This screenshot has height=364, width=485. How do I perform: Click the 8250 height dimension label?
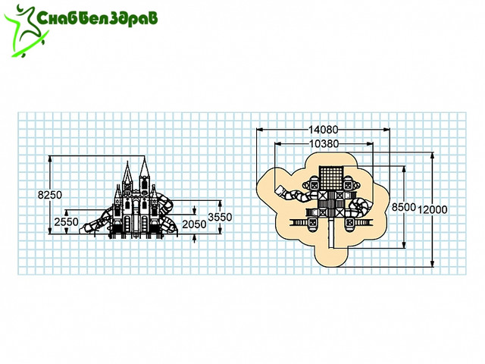pyautogui.click(x=50, y=195)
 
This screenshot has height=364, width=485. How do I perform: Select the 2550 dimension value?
pyautogui.click(x=66, y=222)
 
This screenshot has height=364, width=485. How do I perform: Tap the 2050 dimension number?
pyautogui.click(x=194, y=224)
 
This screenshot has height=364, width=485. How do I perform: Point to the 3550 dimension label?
pyautogui.click(x=220, y=217)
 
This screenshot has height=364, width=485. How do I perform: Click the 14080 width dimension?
pyautogui.click(x=324, y=130)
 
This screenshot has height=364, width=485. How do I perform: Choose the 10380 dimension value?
pyautogui.click(x=324, y=144)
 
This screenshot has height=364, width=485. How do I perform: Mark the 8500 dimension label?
pyautogui.click(x=403, y=207)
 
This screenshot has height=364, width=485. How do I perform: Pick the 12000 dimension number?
pyautogui.click(x=433, y=209)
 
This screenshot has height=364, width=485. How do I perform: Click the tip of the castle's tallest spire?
pyautogui.click(x=145, y=157)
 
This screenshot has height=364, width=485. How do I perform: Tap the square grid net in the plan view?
pyautogui.click(x=331, y=178)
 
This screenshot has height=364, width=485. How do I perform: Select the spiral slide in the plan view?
pyautogui.click(x=361, y=207)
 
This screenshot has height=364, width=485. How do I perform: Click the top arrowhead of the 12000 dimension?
pyautogui.click(x=433, y=155)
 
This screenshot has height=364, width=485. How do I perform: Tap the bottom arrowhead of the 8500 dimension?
pyautogui.click(x=404, y=245)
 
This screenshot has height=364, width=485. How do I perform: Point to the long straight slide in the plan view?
pyautogui.click(x=331, y=233)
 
